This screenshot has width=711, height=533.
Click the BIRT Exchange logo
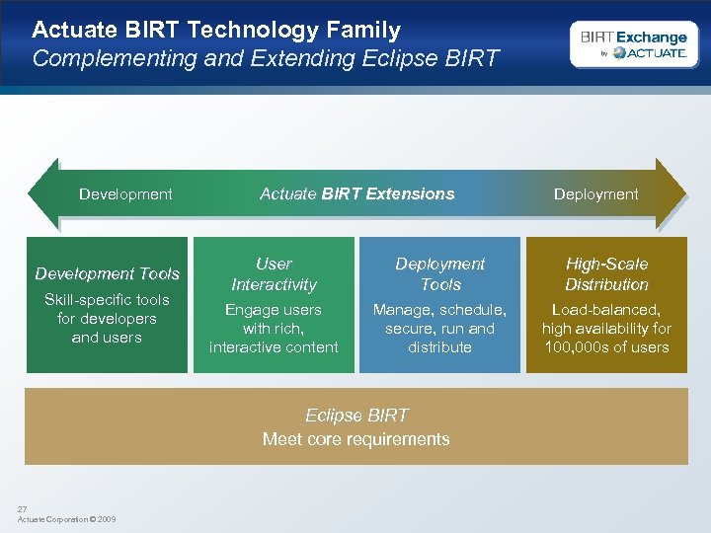tap(633, 44)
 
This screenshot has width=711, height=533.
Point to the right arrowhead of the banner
tap(671, 193)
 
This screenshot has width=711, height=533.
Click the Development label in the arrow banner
tap(125, 194)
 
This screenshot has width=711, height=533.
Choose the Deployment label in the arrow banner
tap(595, 194)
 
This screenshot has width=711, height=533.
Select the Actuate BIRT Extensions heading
tap(356, 193)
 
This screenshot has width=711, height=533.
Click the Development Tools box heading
tap(107, 273)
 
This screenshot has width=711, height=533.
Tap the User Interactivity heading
tap(274, 274)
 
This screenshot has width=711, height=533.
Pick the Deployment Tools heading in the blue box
tap(439, 274)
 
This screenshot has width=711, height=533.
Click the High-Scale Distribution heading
tap(606, 274)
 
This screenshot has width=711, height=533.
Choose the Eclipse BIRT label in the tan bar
tap(356, 416)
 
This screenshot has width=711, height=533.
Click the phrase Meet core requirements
tap(356, 439)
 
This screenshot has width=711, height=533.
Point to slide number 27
tap(22, 509)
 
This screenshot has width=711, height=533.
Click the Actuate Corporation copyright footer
tap(66, 519)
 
